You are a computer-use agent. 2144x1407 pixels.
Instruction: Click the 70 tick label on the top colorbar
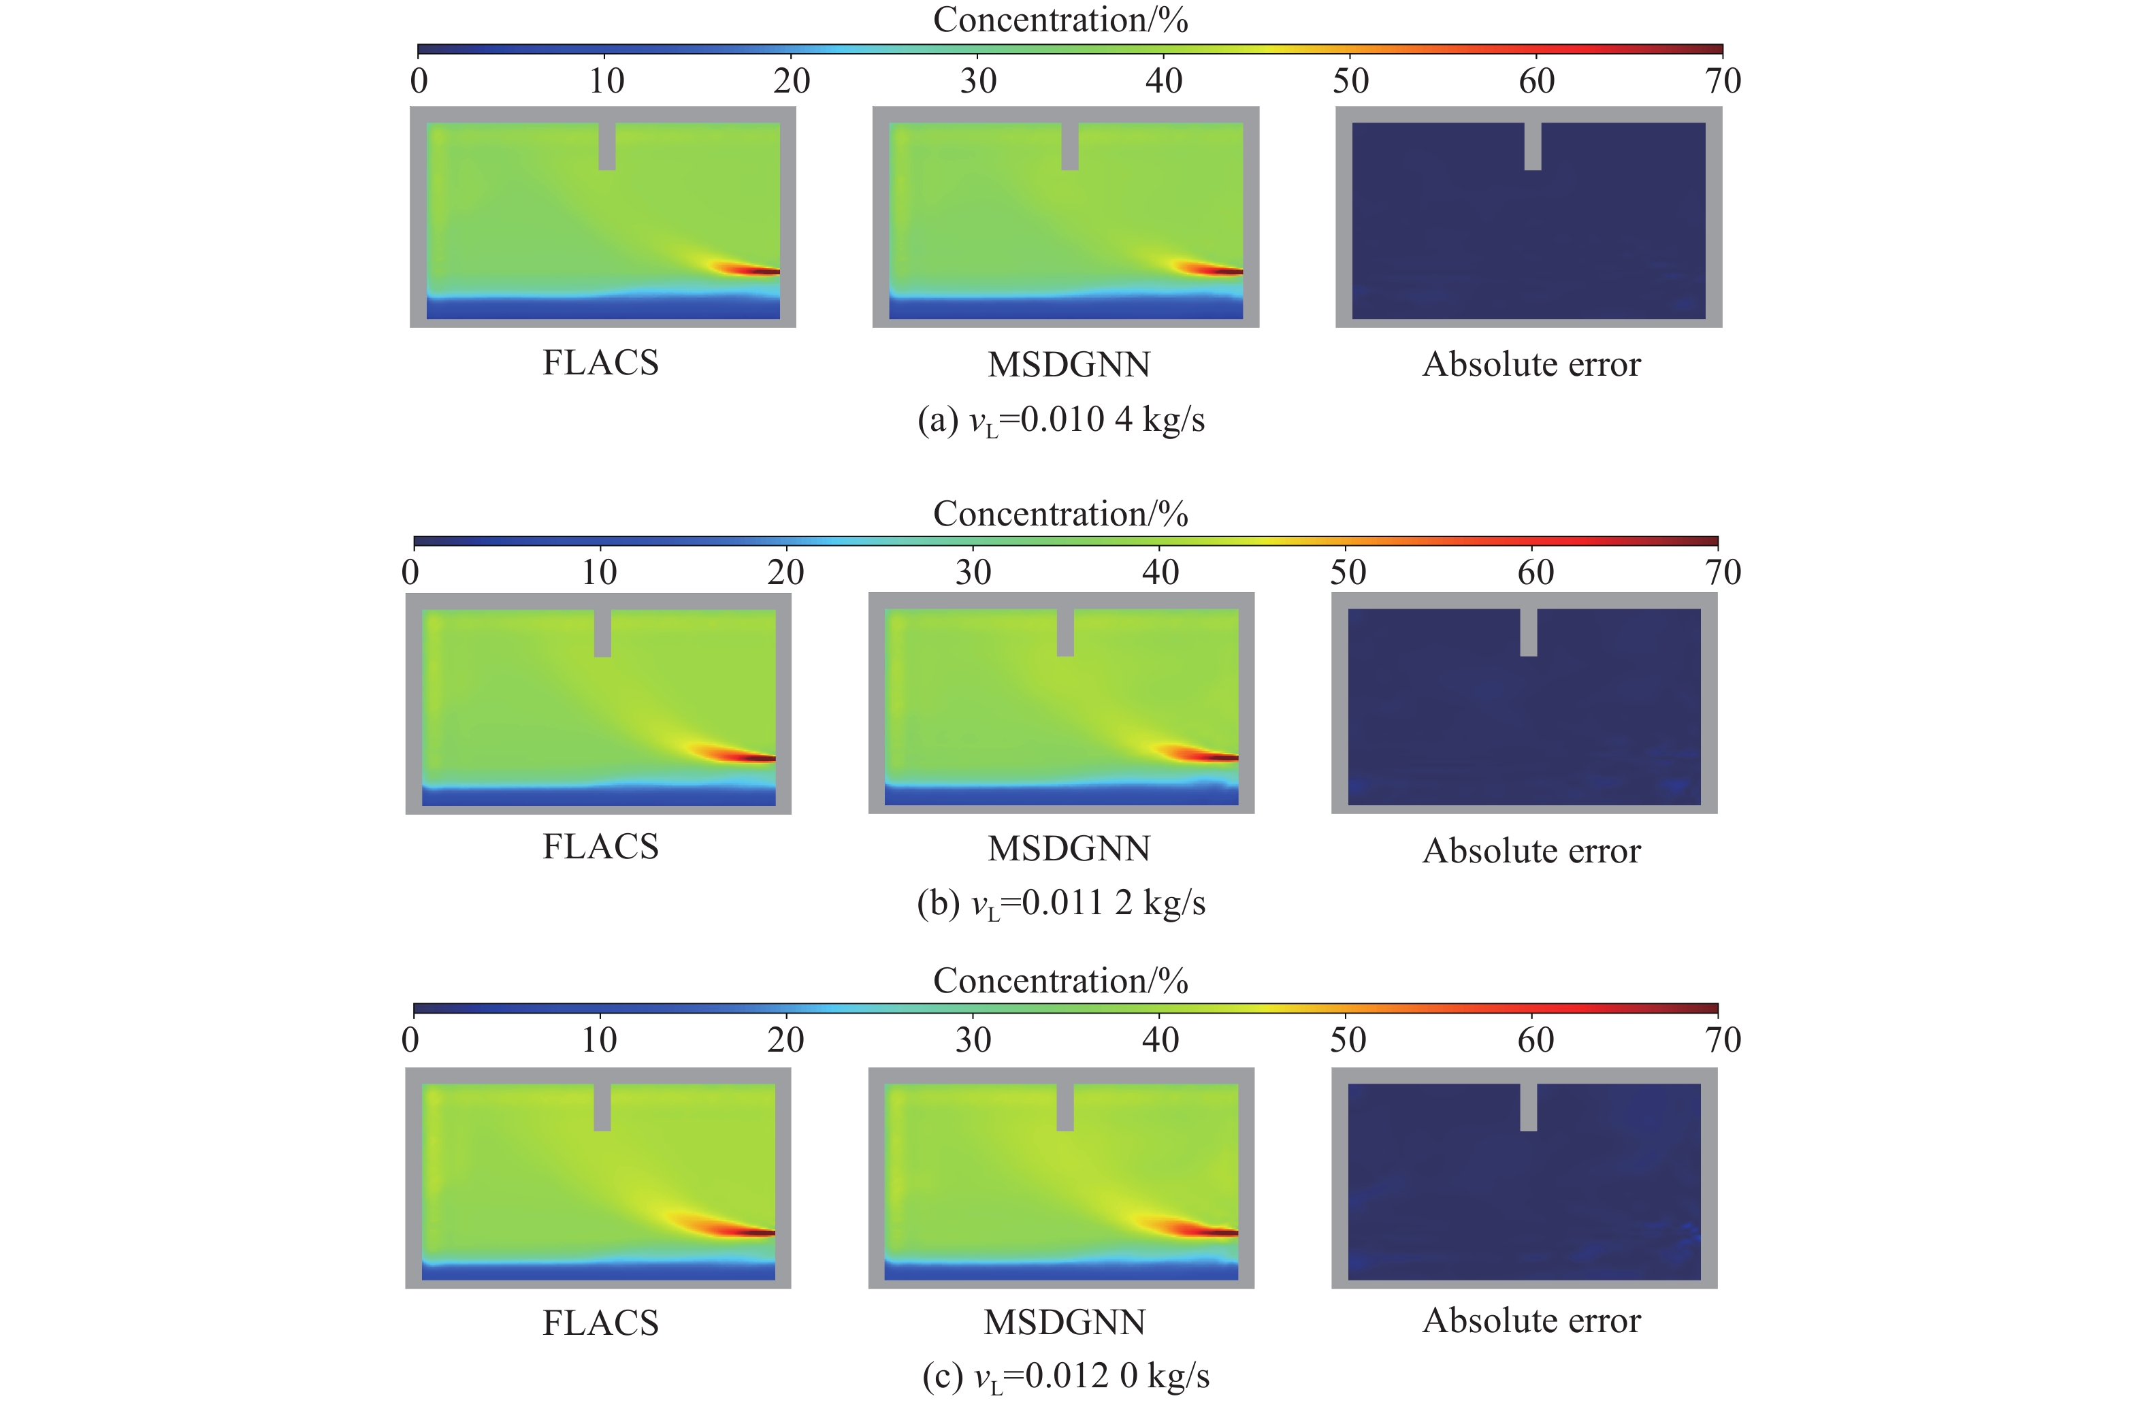click(1723, 81)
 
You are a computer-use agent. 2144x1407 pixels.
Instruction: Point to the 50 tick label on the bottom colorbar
click(1348, 1040)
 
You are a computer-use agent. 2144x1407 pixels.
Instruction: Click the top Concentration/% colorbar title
click(1060, 20)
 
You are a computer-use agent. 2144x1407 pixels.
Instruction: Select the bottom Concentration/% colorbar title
click(1060, 981)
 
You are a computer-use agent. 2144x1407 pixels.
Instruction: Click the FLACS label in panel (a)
click(601, 363)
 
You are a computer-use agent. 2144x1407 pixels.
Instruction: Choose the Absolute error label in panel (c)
click(1531, 1321)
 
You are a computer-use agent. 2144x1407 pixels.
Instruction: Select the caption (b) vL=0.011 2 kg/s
click(1061, 903)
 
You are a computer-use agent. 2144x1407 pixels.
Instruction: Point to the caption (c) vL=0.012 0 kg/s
click(1066, 1376)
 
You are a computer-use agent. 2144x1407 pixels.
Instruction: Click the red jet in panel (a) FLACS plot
click(752, 270)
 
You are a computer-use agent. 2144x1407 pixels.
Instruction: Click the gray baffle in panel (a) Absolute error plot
click(1532, 146)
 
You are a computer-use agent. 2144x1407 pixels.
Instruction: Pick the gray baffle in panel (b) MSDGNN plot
click(1065, 632)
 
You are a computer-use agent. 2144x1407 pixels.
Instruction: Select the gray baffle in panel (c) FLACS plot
click(602, 1107)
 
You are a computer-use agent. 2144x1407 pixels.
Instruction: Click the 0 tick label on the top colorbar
click(419, 81)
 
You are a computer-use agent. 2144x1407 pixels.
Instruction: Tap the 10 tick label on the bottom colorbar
click(599, 1040)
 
